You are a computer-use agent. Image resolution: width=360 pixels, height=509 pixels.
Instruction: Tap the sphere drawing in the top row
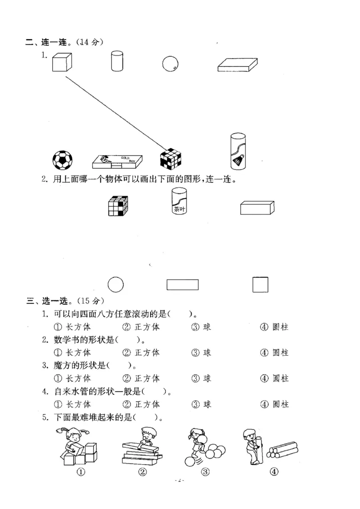(170, 64)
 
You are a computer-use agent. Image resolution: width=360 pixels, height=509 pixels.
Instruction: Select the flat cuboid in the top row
(238, 65)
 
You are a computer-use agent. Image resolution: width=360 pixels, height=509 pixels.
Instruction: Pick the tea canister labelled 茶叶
(179, 201)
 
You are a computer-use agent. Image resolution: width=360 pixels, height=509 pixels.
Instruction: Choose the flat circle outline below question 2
(116, 285)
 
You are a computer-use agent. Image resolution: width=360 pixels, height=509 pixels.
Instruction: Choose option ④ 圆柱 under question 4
(274, 404)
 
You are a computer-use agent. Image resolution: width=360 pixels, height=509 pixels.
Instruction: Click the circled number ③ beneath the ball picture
(205, 472)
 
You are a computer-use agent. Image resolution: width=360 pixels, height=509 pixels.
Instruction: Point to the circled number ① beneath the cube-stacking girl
(81, 472)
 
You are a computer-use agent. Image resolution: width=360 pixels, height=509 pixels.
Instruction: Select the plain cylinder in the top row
(117, 61)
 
